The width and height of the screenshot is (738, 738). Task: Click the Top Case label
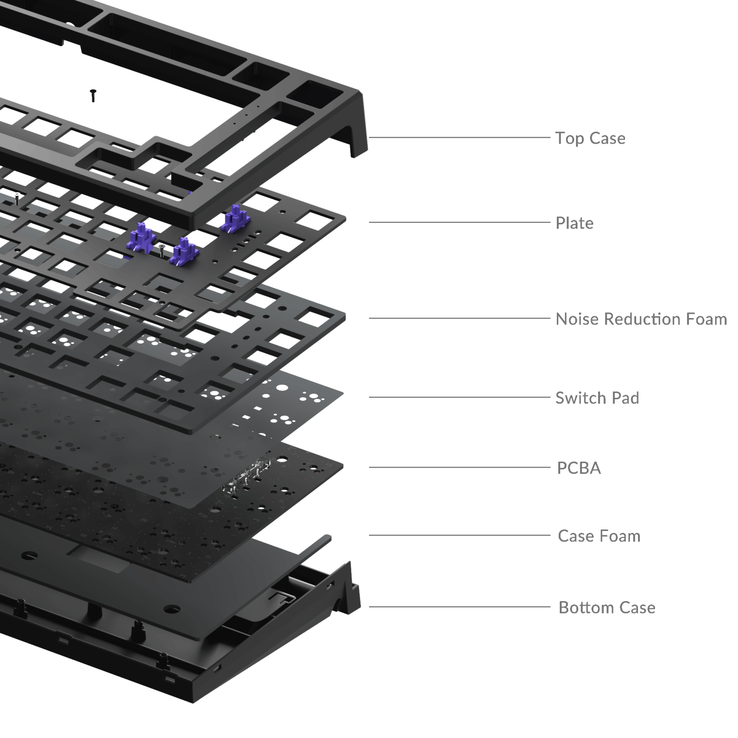tap(590, 138)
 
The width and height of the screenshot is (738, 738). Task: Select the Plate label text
tap(574, 223)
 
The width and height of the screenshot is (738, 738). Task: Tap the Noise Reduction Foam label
tap(641, 319)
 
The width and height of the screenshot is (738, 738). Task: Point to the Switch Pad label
tap(597, 398)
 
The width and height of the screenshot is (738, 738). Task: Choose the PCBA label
tap(579, 468)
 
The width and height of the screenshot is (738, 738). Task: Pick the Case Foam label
tap(599, 536)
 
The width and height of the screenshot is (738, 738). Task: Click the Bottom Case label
tap(607, 607)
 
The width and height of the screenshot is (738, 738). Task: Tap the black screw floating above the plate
tap(93, 95)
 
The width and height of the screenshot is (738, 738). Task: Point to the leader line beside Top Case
tap(459, 137)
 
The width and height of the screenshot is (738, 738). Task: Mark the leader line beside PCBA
tap(459, 467)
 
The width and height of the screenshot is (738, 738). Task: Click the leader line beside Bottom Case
tap(459, 606)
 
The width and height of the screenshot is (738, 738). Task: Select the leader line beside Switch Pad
tap(459, 397)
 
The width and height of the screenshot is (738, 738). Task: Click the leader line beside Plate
tap(459, 222)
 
